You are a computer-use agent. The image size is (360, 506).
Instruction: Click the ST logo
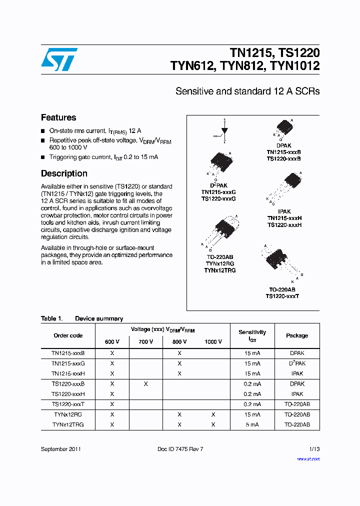(59, 59)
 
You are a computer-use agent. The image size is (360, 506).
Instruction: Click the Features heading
(58, 117)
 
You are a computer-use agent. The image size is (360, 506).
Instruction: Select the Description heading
(64, 173)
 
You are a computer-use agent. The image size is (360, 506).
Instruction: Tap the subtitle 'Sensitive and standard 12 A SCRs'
(247, 91)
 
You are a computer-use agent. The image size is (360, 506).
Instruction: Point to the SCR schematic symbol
(224, 131)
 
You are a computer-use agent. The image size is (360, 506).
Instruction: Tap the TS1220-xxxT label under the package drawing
(282, 296)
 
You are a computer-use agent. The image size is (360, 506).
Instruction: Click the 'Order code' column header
(68, 335)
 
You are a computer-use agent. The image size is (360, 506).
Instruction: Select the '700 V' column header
(145, 341)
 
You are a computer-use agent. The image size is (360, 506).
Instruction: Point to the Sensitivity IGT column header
(252, 335)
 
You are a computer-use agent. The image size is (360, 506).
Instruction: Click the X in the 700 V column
(145, 384)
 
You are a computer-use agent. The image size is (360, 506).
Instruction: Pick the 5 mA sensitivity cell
(252, 424)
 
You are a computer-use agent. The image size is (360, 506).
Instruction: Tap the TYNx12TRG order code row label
(68, 424)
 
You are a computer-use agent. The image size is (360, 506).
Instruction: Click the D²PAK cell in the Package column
(297, 363)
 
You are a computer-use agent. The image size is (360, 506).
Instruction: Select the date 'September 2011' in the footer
(61, 449)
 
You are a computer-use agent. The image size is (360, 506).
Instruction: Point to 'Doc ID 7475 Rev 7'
(180, 449)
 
